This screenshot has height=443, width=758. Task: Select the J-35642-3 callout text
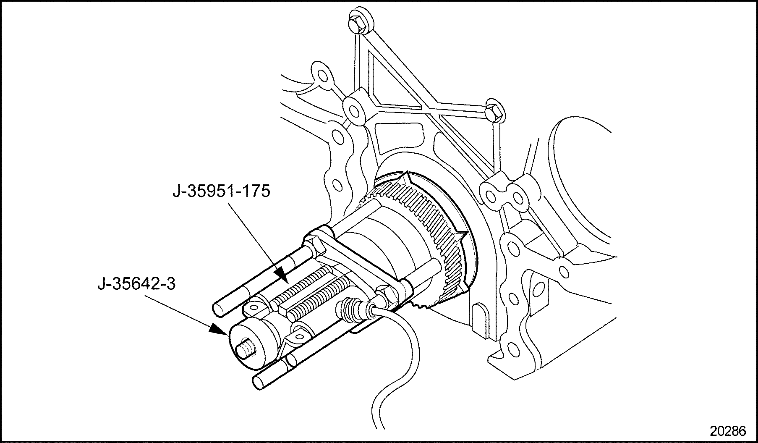pyautogui.click(x=136, y=284)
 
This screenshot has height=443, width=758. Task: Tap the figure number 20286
pyautogui.click(x=728, y=431)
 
